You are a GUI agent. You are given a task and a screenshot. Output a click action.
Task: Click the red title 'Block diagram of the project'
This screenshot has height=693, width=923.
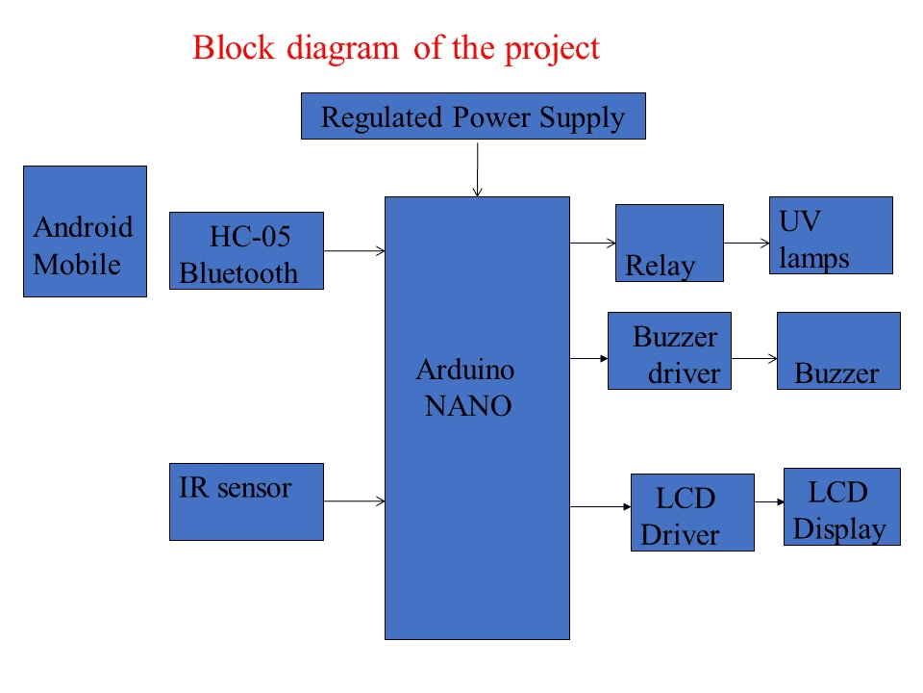tap(396, 47)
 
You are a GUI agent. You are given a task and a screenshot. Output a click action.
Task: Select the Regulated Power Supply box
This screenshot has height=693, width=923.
tap(472, 116)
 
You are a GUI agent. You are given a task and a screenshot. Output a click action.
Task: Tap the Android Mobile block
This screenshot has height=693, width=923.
tap(85, 231)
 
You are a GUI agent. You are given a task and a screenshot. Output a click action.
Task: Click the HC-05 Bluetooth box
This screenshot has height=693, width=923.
tap(246, 251)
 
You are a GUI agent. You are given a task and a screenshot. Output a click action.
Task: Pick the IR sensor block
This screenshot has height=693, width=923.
tap(246, 501)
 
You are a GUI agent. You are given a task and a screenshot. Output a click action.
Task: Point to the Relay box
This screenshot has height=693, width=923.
tap(669, 243)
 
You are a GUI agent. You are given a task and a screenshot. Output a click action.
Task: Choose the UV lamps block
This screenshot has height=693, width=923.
tap(831, 236)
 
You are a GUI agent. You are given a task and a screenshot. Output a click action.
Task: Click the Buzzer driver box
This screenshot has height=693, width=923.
tap(669, 350)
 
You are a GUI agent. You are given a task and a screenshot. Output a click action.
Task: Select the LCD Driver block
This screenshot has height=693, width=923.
tap(692, 512)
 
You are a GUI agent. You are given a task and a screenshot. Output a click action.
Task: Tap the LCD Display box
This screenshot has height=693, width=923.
tap(842, 507)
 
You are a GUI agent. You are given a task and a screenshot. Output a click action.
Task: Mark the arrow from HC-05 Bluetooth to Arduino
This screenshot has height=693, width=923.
tap(354, 251)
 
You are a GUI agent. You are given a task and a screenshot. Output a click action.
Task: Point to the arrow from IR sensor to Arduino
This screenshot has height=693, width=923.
tap(354, 500)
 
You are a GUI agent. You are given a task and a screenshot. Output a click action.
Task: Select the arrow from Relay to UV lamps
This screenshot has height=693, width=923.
tap(746, 244)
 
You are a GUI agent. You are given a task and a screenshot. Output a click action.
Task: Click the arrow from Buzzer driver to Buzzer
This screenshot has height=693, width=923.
tap(754, 359)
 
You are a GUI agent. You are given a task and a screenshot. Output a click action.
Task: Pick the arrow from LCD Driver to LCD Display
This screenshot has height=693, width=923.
tap(769, 501)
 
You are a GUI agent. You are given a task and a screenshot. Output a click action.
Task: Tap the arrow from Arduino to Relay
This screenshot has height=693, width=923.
tap(592, 244)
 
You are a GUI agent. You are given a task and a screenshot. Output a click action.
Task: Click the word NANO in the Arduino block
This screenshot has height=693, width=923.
tap(468, 406)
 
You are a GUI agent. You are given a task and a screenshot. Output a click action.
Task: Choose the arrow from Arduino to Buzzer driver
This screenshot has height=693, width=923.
tap(588, 359)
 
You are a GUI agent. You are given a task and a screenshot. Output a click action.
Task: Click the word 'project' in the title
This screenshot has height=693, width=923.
tap(552, 48)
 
